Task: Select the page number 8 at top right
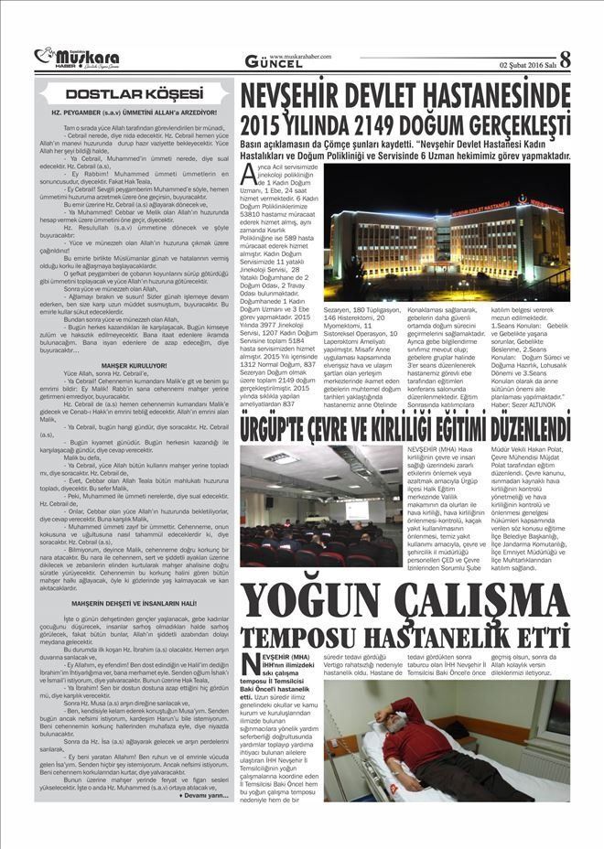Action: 564,59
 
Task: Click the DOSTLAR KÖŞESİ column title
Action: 134,93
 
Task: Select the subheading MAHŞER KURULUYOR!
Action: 134,365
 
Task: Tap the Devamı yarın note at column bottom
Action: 205,795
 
